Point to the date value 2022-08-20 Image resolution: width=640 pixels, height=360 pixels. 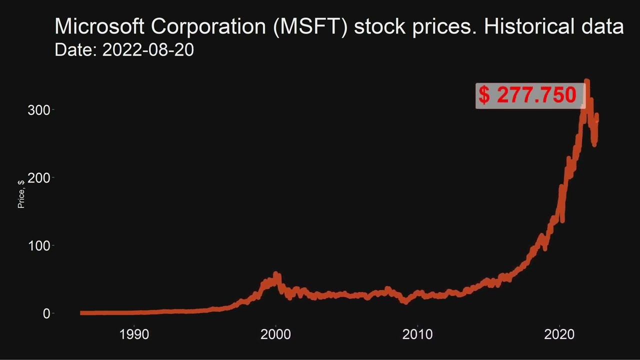(148, 50)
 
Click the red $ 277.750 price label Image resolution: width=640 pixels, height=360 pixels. (529, 95)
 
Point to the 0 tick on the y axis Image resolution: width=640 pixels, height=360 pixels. (46, 313)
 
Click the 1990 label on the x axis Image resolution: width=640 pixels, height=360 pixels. (134, 334)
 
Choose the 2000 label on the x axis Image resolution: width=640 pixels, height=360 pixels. (275, 334)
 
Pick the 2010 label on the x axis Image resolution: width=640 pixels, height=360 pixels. (417, 334)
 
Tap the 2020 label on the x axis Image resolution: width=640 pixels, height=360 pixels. (558, 334)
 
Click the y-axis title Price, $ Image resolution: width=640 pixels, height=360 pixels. (21, 194)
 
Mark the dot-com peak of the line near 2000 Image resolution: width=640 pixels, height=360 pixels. (275, 274)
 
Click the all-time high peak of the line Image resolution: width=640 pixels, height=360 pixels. (587, 81)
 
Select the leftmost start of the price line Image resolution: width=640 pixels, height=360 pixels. (81, 313)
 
